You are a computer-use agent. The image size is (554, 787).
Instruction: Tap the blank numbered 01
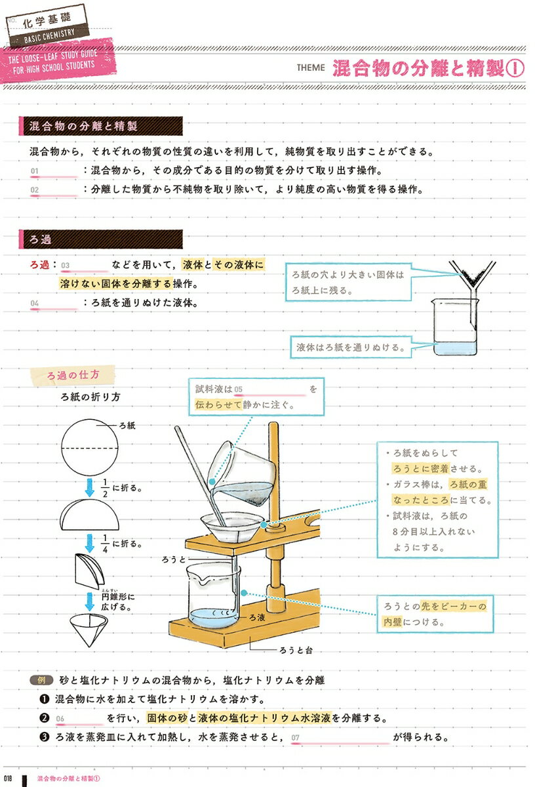point(54,172)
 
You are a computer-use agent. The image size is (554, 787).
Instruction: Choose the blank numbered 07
point(340,738)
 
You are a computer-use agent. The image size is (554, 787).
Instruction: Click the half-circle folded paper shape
point(91,515)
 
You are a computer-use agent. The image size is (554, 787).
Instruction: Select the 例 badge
point(40,681)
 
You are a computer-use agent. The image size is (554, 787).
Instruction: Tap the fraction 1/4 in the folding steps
point(105,543)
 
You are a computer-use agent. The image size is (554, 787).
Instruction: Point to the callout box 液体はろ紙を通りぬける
point(350,348)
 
